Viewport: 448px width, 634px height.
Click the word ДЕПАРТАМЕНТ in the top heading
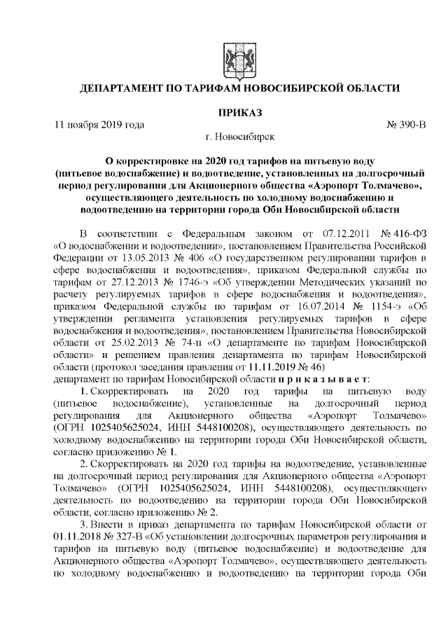[130, 89]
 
